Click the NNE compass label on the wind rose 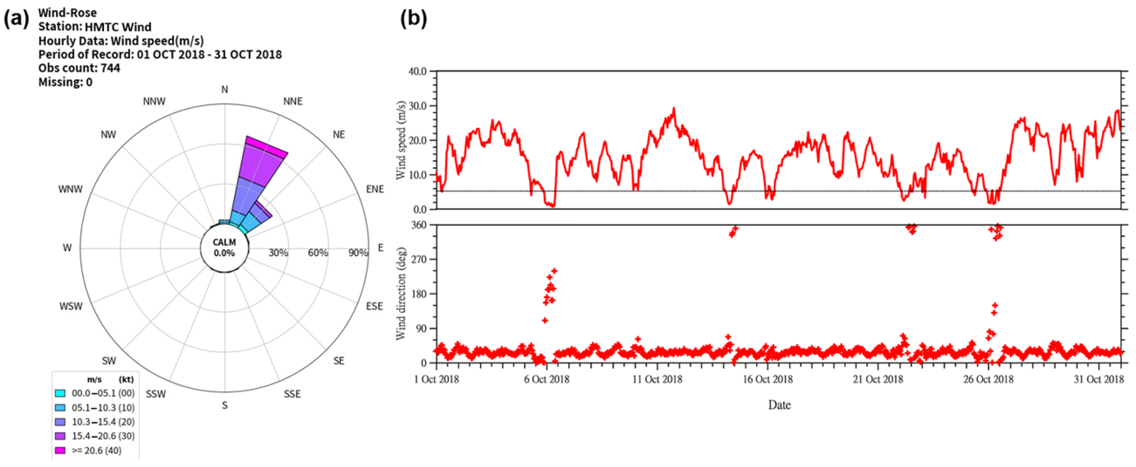pyautogui.click(x=292, y=101)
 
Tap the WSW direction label pyautogui.click(x=71, y=306)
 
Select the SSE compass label pyautogui.click(x=292, y=394)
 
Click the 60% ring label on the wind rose pyautogui.click(x=318, y=253)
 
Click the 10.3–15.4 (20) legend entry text pyautogui.click(x=103, y=422)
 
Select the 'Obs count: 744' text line pyautogui.click(x=79, y=68)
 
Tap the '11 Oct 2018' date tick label pyautogui.click(x=657, y=379)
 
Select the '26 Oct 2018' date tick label pyautogui.click(x=988, y=379)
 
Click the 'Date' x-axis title pyautogui.click(x=779, y=405)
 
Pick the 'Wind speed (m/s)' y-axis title pyautogui.click(x=401, y=140)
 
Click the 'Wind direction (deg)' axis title pyautogui.click(x=401, y=294)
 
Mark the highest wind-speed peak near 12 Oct pyautogui.click(x=674, y=109)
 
